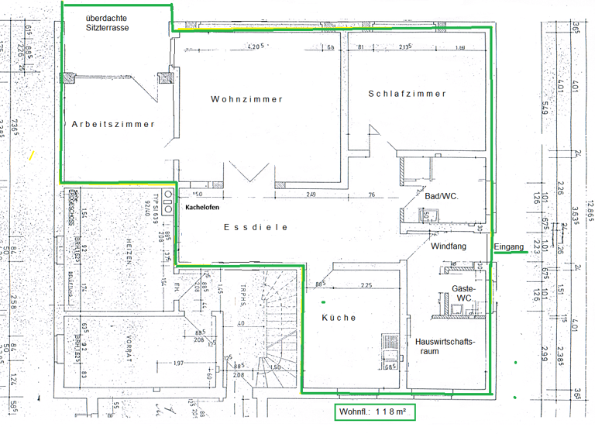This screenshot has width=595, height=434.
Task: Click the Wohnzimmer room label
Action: (246, 99)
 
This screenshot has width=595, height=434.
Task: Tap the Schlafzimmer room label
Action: (408, 94)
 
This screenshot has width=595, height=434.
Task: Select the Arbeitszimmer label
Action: (113, 124)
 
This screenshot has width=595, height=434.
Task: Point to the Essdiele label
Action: (256, 228)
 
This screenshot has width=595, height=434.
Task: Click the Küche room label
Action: (339, 318)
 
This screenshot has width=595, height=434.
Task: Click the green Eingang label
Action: (510, 247)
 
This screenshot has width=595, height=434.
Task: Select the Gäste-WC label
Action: (463, 293)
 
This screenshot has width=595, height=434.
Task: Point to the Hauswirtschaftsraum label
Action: (444, 346)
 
